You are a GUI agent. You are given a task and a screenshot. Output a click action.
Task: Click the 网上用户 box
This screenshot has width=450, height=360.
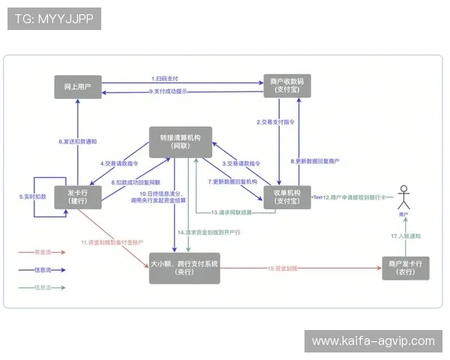[78, 86]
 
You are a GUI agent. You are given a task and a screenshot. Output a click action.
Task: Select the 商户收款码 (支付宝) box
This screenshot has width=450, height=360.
[286, 86]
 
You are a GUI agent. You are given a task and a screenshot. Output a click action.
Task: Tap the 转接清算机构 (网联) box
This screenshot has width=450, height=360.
[180, 142]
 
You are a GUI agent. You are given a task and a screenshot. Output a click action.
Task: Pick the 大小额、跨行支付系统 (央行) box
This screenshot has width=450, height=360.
[184, 268]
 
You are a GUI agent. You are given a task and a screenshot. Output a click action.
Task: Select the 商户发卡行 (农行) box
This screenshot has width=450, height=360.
[406, 268]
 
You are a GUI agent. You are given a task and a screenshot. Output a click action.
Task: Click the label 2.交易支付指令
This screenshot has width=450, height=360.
[275, 121]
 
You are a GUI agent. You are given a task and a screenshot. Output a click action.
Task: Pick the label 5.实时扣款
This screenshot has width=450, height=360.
[32, 196]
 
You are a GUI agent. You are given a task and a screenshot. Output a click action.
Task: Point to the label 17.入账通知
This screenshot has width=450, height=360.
[406, 236]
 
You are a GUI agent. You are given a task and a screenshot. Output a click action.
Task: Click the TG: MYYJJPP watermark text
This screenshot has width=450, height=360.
[53, 19]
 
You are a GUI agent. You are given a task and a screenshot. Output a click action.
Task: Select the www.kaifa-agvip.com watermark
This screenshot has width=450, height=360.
[373, 341]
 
